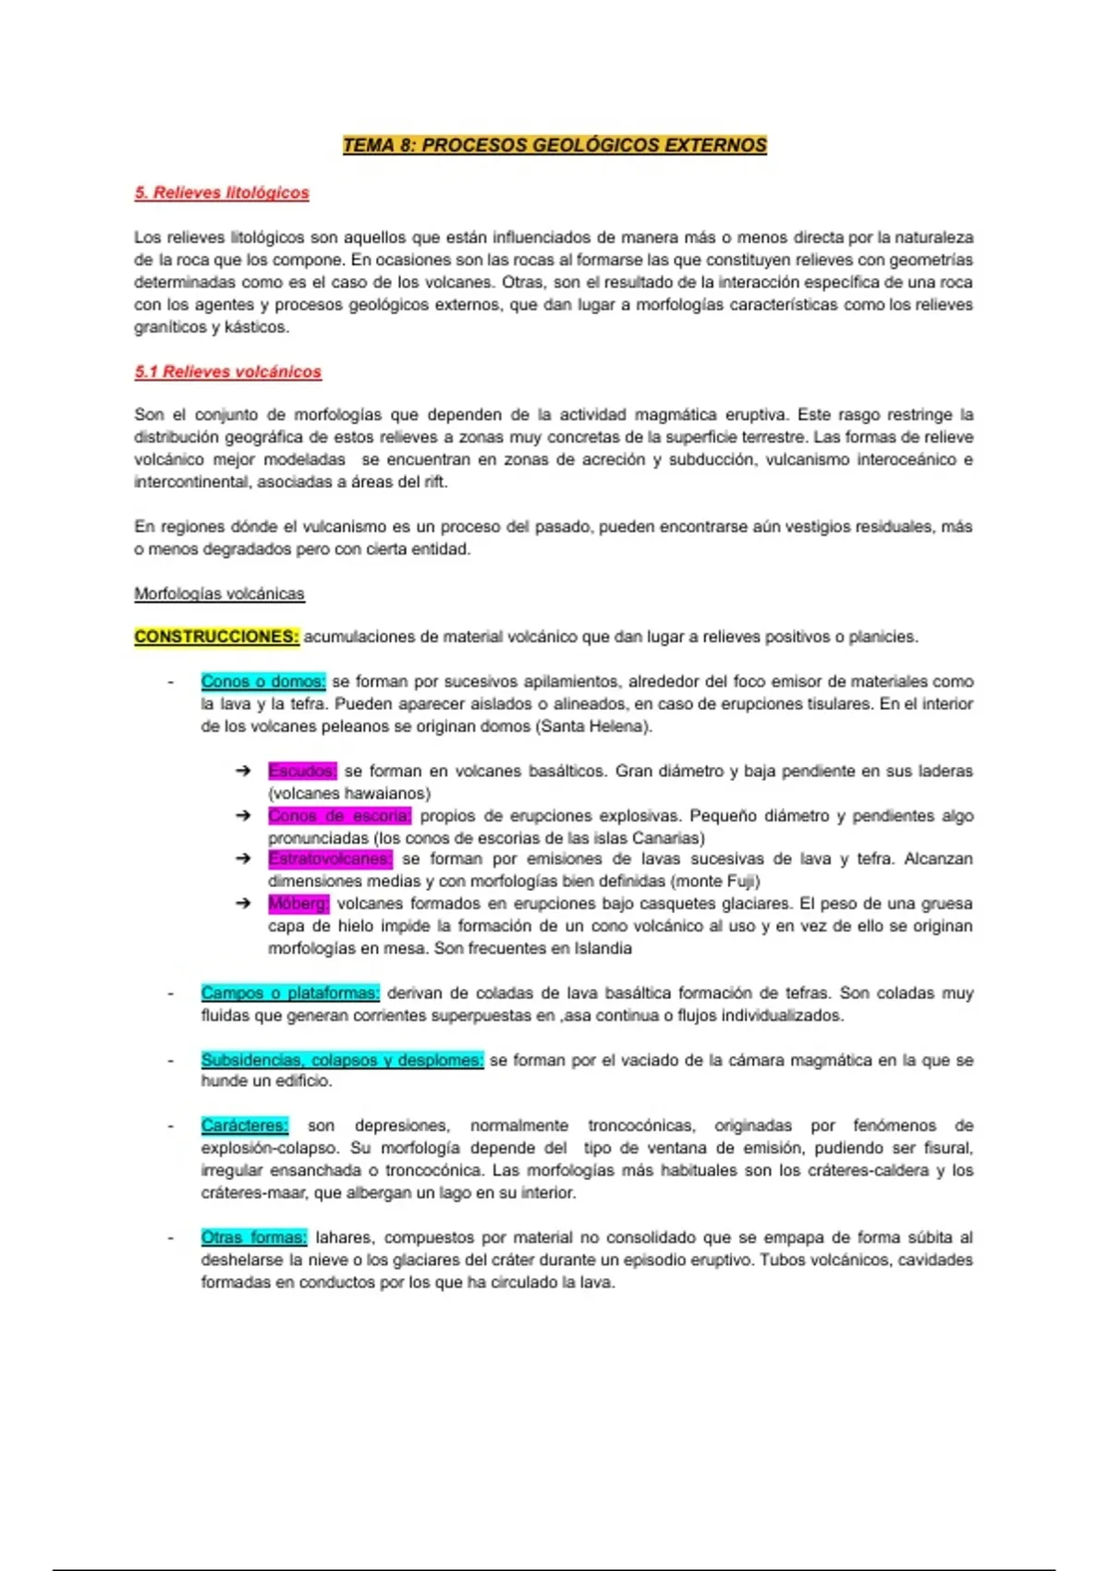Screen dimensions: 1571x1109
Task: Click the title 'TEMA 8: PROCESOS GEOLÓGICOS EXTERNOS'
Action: click(554, 145)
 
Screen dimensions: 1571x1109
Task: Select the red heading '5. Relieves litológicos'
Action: click(222, 192)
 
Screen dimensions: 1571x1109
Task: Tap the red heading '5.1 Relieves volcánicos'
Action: click(227, 371)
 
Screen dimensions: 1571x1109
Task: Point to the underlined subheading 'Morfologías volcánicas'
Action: click(219, 593)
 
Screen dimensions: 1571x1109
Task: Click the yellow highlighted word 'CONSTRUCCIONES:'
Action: click(216, 637)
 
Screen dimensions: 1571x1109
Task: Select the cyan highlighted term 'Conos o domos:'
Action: click(262, 681)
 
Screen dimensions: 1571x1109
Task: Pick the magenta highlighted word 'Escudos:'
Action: click(302, 771)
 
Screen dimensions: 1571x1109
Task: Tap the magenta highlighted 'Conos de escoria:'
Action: click(339, 816)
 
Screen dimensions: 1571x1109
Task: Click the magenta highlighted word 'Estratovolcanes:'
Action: click(330, 859)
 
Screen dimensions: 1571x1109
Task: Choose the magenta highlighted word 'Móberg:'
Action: click(298, 903)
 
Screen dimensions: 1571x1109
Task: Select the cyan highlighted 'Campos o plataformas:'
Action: click(290, 993)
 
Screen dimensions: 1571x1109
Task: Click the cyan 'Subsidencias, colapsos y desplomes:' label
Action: click(342, 1060)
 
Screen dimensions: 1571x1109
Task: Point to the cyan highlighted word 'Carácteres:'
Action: click(244, 1126)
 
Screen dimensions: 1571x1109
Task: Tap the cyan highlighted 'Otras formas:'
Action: click(253, 1237)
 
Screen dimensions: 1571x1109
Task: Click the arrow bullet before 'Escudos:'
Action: click(243, 771)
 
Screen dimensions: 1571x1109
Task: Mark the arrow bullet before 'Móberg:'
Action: click(243, 903)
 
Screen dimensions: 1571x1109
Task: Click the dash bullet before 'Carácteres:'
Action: click(170, 1126)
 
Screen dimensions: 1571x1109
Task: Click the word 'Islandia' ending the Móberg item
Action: click(600, 948)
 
